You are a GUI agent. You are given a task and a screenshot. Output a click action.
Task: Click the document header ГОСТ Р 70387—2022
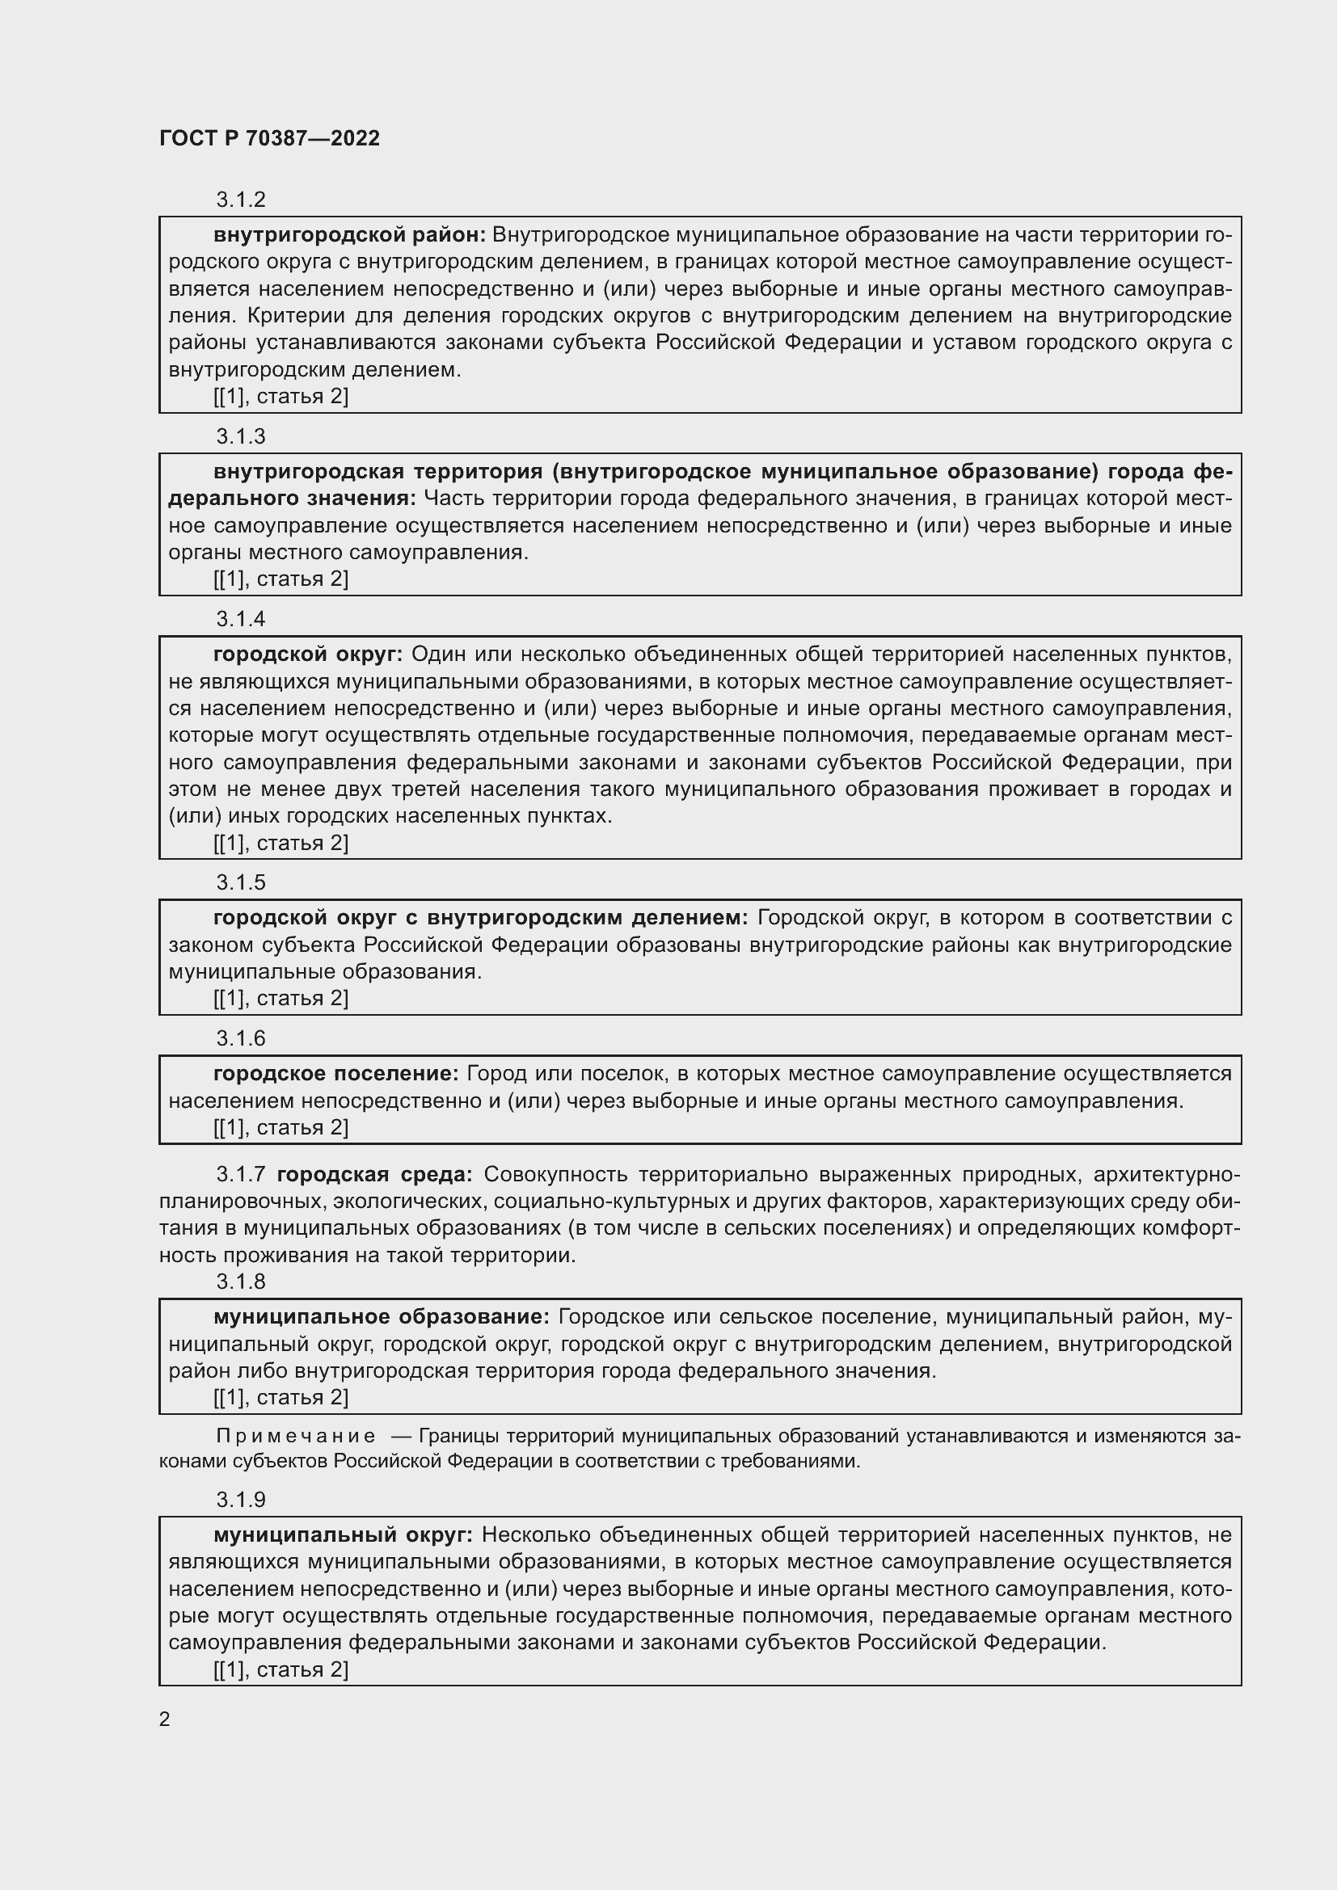tap(269, 138)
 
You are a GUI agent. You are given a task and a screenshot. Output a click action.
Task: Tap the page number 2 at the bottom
tap(165, 1719)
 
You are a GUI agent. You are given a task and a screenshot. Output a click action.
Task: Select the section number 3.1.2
tap(240, 200)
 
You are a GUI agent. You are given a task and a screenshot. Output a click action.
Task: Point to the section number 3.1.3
tap(240, 436)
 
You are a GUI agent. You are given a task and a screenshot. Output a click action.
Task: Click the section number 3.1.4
tap(240, 619)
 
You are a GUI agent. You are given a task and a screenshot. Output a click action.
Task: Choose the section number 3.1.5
tap(240, 882)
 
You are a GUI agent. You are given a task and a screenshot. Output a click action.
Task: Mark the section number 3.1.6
tap(240, 1039)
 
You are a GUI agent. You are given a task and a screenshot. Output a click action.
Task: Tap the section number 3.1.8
tap(240, 1282)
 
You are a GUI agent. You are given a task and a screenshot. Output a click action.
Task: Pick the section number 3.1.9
tap(240, 1500)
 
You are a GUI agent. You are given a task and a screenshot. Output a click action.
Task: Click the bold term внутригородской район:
tap(349, 235)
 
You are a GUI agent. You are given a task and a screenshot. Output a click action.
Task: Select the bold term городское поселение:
tap(335, 1073)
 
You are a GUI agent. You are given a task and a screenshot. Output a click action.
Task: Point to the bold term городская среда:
tap(374, 1174)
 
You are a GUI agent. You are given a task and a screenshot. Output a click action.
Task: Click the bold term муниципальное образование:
tap(382, 1317)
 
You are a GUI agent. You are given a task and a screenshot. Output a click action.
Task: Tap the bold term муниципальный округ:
tap(343, 1534)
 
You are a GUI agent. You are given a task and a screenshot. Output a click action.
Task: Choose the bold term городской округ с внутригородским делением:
tap(480, 918)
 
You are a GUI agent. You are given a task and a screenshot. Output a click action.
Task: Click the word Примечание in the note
tap(296, 1437)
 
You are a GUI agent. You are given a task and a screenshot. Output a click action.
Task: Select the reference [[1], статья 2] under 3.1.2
tap(280, 397)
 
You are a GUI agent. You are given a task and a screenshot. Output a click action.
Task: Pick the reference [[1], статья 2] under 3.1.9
tap(280, 1669)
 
